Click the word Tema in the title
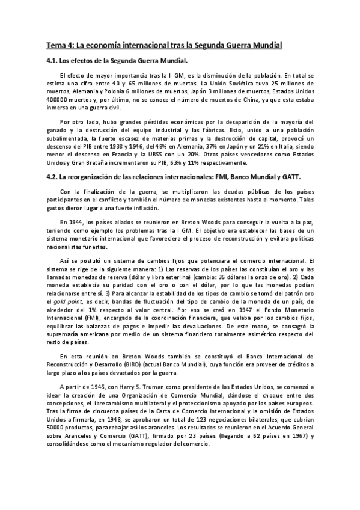[56, 45]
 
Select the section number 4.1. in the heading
[53, 61]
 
